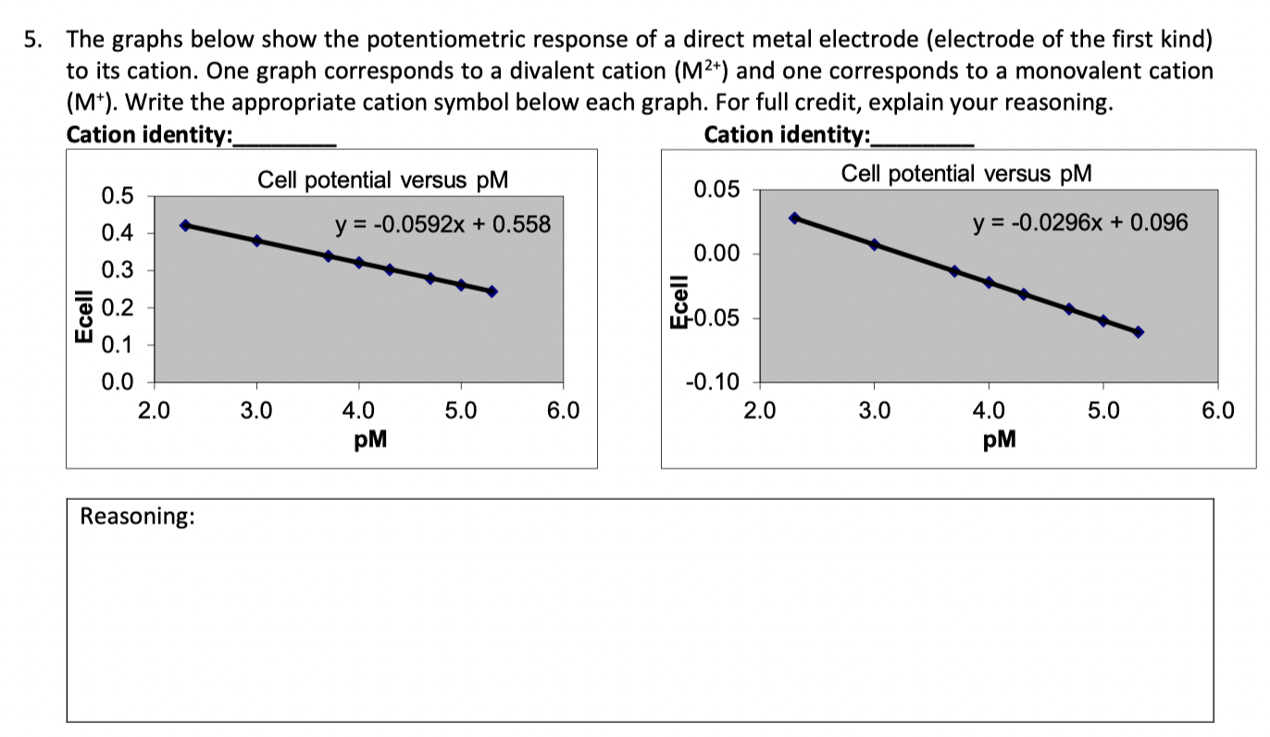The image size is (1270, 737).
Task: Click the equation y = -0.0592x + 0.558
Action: tap(442, 224)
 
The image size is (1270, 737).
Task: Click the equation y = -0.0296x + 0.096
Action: tap(1079, 222)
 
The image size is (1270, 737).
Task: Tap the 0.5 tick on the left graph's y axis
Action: tap(118, 195)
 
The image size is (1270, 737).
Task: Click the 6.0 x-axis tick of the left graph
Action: tap(562, 409)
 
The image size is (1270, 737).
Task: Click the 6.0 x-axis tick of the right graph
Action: tap(1217, 409)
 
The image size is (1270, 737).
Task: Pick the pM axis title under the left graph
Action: tap(370, 440)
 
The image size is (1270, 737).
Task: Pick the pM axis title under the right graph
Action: tap(999, 440)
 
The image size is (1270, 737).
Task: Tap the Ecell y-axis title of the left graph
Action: tap(84, 317)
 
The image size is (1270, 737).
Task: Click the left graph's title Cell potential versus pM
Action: tap(382, 180)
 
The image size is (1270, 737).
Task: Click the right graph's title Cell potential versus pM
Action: tap(966, 173)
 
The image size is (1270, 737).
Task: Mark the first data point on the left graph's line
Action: tap(185, 225)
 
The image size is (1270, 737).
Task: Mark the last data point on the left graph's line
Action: tap(492, 292)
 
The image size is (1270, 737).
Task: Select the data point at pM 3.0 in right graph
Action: tap(874, 244)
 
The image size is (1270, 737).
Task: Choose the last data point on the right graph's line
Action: tap(1138, 331)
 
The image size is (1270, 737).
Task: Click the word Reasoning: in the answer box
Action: tap(137, 517)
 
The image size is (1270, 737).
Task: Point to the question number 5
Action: tap(32, 40)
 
